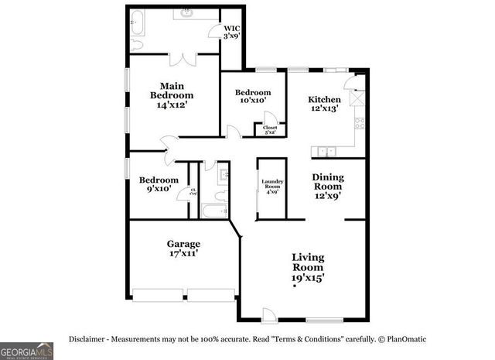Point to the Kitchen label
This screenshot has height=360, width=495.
tap(325, 104)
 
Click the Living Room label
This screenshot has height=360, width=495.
tap(308, 267)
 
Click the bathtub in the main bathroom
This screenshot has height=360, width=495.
tap(138, 22)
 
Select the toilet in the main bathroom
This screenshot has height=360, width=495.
tap(136, 45)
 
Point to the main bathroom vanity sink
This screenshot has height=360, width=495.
tap(188, 13)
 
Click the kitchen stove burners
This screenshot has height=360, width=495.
tap(359, 125)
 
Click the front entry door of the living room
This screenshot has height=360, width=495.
tap(267, 314)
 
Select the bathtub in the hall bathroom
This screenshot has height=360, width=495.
tap(213, 211)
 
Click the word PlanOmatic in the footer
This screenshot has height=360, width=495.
tap(407, 339)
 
